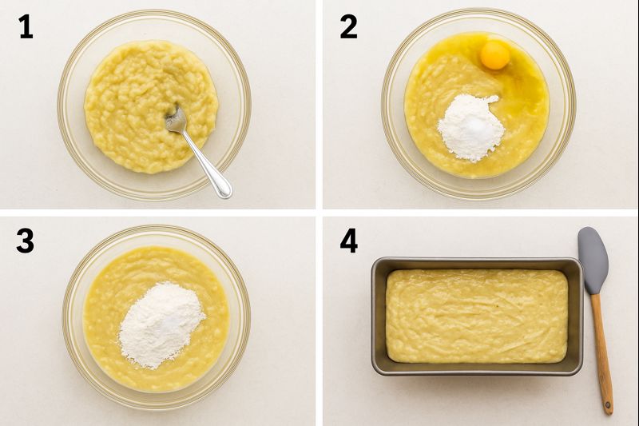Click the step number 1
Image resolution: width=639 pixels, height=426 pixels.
click(26, 27)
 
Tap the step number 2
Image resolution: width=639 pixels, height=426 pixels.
click(349, 27)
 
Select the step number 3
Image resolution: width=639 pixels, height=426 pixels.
click(26, 241)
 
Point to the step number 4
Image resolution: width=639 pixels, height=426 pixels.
click(349, 241)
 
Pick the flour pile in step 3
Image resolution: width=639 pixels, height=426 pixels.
click(161, 324)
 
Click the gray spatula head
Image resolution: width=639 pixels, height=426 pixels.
click(593, 260)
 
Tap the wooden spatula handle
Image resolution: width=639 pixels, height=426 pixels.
click(602, 354)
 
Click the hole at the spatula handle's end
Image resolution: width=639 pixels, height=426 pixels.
click(608, 406)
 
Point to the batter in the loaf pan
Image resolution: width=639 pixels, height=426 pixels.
click(477, 316)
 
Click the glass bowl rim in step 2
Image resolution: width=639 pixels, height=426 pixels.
click(384, 105)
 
